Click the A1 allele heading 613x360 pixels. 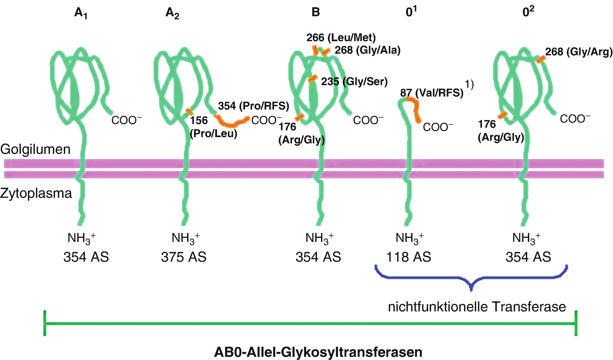tap(81, 13)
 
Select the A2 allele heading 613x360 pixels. tap(172, 13)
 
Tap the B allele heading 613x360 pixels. tap(315, 12)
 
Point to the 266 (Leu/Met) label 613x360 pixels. tap(341, 37)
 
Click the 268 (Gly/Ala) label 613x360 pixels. tap(367, 50)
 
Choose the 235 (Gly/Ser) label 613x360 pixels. tap(354, 81)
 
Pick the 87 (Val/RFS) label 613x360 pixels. tap(432, 92)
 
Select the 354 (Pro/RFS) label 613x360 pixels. tap(254, 106)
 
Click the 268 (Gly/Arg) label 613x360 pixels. tap(579, 52)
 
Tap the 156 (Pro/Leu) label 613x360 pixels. tap(213, 127)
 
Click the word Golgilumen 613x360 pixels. tap(35, 149)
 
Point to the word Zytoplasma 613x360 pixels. tap(36, 193)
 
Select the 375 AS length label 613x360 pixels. tap(184, 257)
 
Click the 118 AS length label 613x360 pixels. tap(409, 257)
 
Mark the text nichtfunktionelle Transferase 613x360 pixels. tap(477, 307)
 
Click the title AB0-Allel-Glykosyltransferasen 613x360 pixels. tap(318, 352)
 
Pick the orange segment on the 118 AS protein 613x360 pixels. tap(415, 108)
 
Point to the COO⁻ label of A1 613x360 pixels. tap(127, 120)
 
